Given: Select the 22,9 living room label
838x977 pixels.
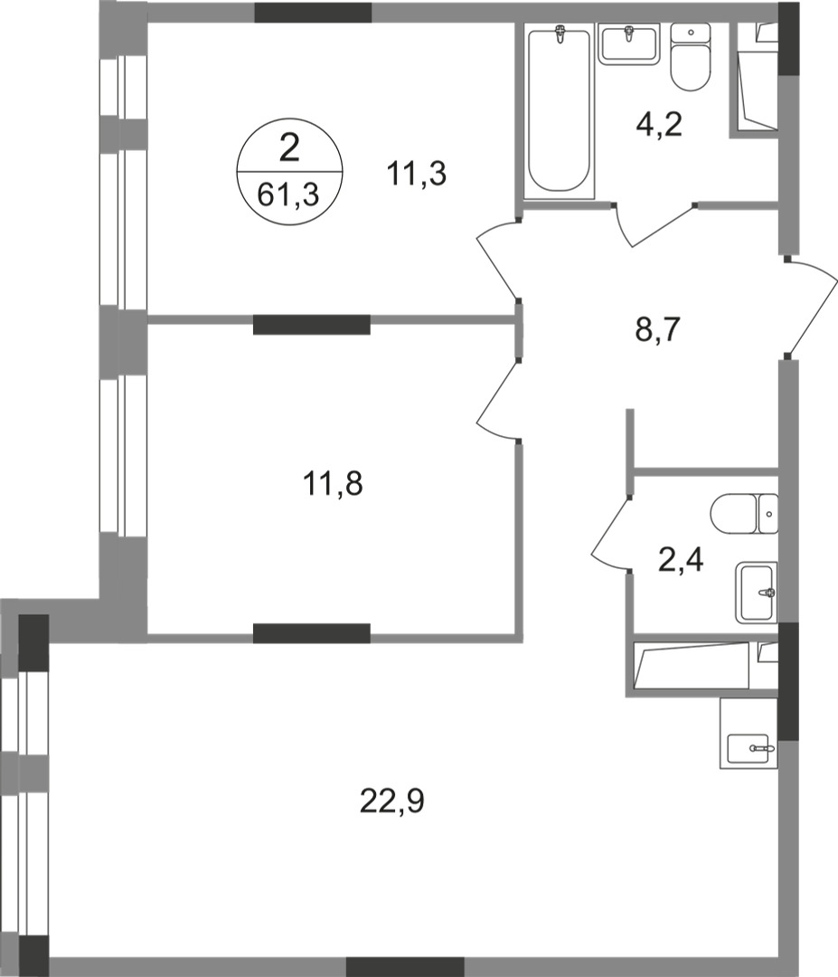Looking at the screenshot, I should pyautogui.click(x=391, y=801).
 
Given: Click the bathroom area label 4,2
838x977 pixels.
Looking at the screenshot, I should pyautogui.click(x=658, y=122).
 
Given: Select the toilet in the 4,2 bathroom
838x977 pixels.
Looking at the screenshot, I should pyautogui.click(x=692, y=58).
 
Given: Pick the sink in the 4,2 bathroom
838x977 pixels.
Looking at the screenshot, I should pyautogui.click(x=629, y=43).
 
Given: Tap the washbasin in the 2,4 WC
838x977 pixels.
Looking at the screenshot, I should pyautogui.click(x=756, y=592).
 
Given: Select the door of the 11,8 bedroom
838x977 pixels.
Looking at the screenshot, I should pyautogui.click(x=495, y=403).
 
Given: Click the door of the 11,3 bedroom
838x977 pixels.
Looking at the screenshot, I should pyautogui.click(x=495, y=262).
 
